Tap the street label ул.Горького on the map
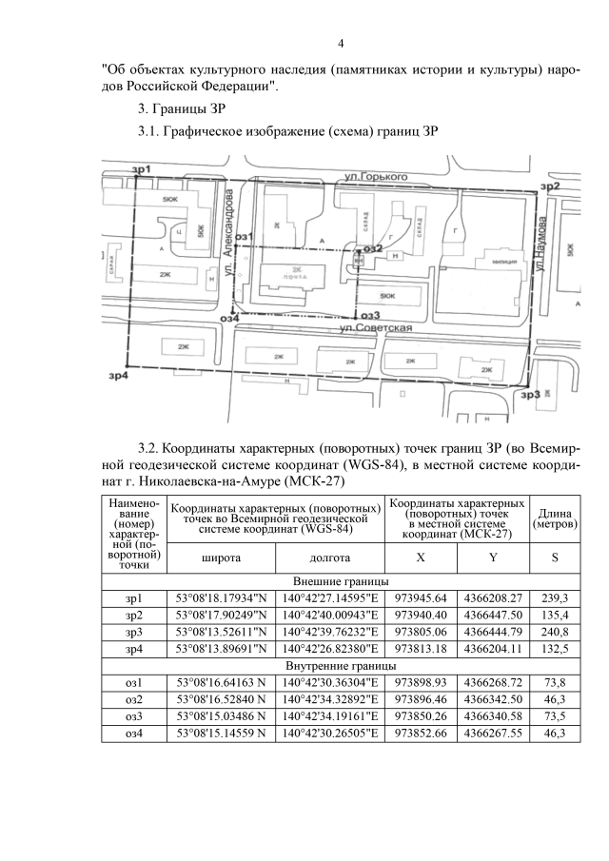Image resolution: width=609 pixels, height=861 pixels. tap(370, 177)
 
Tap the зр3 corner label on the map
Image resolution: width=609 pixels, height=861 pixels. tap(531, 394)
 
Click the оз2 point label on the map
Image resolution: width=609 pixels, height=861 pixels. tap(371, 248)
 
